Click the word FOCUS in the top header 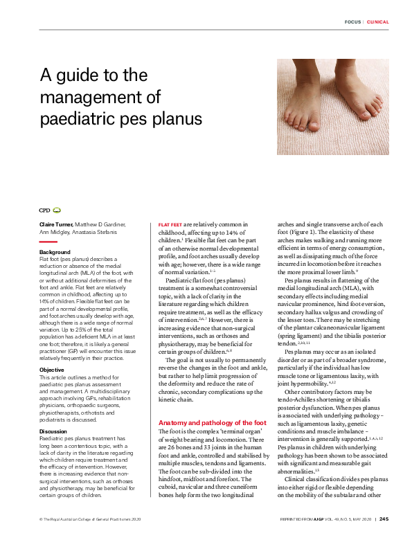pyautogui.click(x=352, y=22)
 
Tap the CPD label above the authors pyautogui.click(x=44, y=209)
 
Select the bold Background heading pyautogui.click(x=55, y=252)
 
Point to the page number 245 pyautogui.click(x=383, y=518)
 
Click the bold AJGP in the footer pyautogui.click(x=318, y=518)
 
